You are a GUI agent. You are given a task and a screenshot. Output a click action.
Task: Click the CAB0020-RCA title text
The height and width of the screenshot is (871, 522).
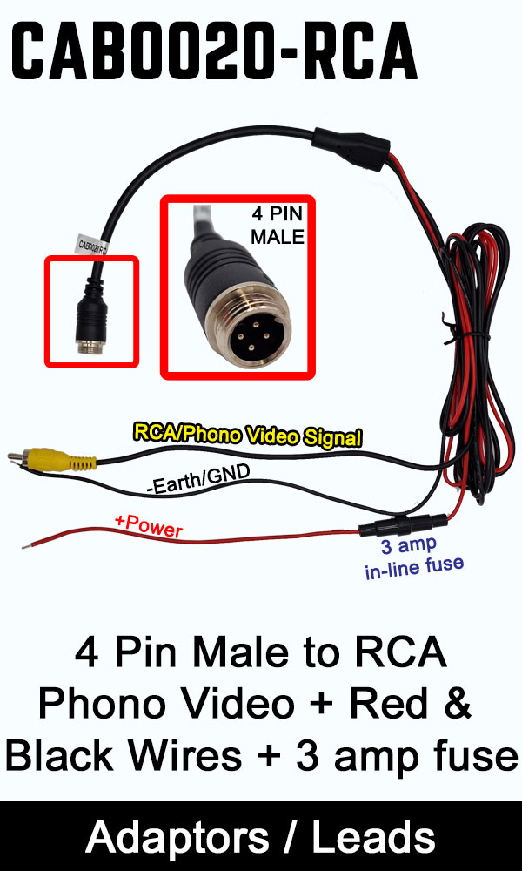[216, 51]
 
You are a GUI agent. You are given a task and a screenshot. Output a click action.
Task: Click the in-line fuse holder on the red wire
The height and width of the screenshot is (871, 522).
[405, 525]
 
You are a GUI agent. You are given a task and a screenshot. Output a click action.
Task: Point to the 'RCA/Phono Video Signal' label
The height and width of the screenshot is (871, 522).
[247, 435]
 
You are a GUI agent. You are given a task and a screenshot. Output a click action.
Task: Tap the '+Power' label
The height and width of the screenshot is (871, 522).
[148, 525]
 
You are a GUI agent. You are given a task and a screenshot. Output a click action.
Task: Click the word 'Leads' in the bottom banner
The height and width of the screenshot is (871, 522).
[373, 838]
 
